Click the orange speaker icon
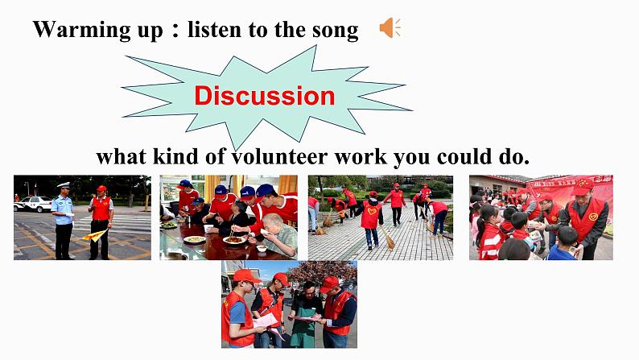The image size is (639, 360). point(390,29)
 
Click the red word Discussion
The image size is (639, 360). point(264,96)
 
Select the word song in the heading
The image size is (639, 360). point(337,31)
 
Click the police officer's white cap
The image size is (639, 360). point(64,186)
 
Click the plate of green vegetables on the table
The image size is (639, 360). point(169,225)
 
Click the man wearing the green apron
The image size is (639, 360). point(305,314)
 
